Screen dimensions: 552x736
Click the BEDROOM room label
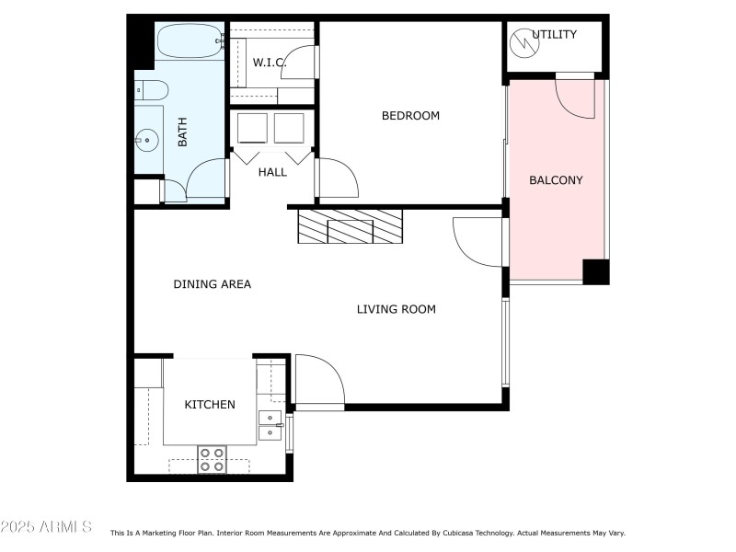click(x=410, y=116)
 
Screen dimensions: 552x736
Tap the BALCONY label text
click(x=556, y=180)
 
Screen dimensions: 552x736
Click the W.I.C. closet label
click(x=270, y=63)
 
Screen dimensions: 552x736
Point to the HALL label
click(x=272, y=172)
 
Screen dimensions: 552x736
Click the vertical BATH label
click(x=182, y=137)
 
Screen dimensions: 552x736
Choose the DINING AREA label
click(x=212, y=284)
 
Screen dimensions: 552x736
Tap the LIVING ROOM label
click(x=396, y=309)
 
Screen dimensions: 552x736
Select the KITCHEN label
click(x=210, y=404)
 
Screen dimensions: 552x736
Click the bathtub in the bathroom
click(x=190, y=41)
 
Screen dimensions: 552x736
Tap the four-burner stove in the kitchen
click(x=213, y=458)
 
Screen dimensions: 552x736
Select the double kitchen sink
click(x=270, y=426)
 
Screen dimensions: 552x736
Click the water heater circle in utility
click(x=522, y=40)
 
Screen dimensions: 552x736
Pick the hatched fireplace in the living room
click(x=351, y=226)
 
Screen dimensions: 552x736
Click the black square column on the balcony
click(x=595, y=271)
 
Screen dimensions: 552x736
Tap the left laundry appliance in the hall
click(x=252, y=128)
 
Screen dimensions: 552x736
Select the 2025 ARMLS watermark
click(x=46, y=527)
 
